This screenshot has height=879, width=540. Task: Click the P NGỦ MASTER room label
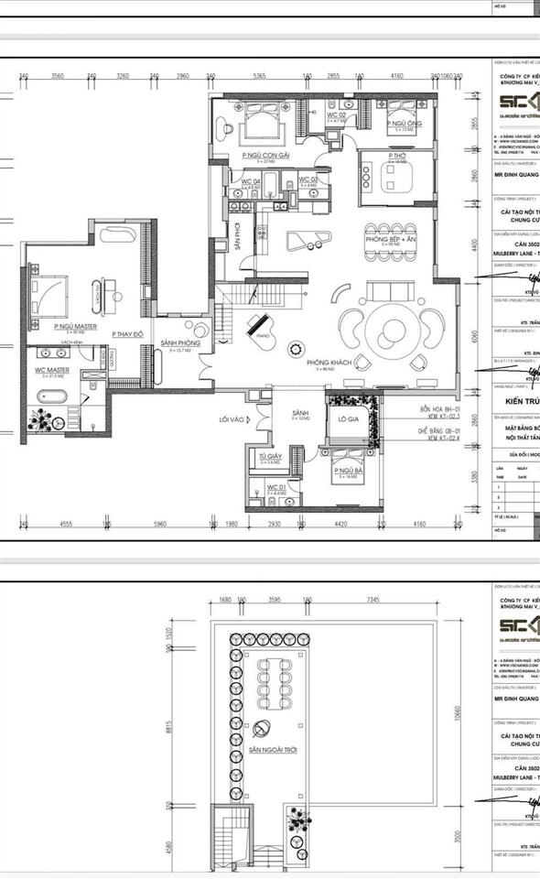75,326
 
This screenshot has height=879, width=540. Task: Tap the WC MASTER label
54,371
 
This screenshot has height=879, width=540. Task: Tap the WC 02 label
337,114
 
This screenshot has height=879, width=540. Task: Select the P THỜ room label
396,157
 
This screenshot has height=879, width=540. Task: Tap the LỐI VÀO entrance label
233,419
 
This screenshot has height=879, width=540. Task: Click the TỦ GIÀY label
269,456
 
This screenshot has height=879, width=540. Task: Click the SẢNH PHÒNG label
180,343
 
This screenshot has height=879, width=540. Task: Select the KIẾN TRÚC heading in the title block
518,401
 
